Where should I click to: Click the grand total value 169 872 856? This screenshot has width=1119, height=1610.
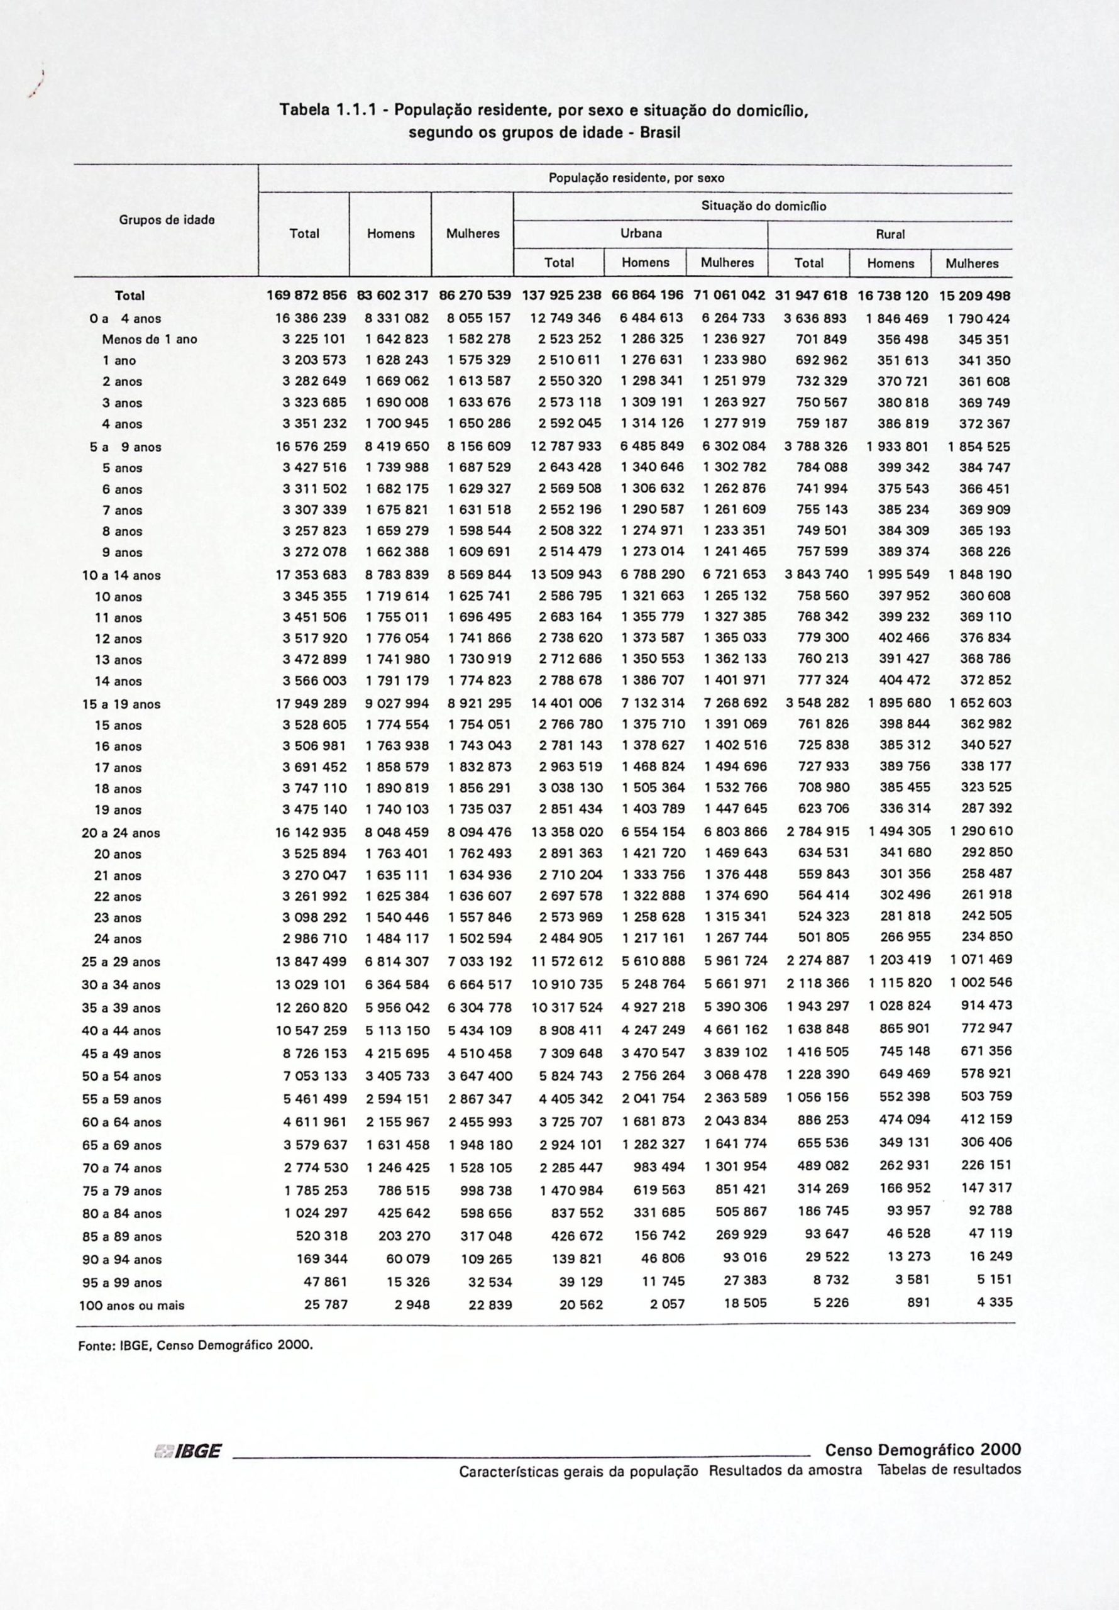coord(306,296)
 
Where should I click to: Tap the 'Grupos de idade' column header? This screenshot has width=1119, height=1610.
coord(166,219)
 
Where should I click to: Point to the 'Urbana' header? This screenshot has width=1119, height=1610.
coord(641,233)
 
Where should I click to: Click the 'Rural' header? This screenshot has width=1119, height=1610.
coord(890,234)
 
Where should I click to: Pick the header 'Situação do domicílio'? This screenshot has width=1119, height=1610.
coord(764,206)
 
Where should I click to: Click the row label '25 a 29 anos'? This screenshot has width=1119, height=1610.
coord(121,962)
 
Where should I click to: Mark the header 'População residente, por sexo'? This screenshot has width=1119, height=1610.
coord(636,178)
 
